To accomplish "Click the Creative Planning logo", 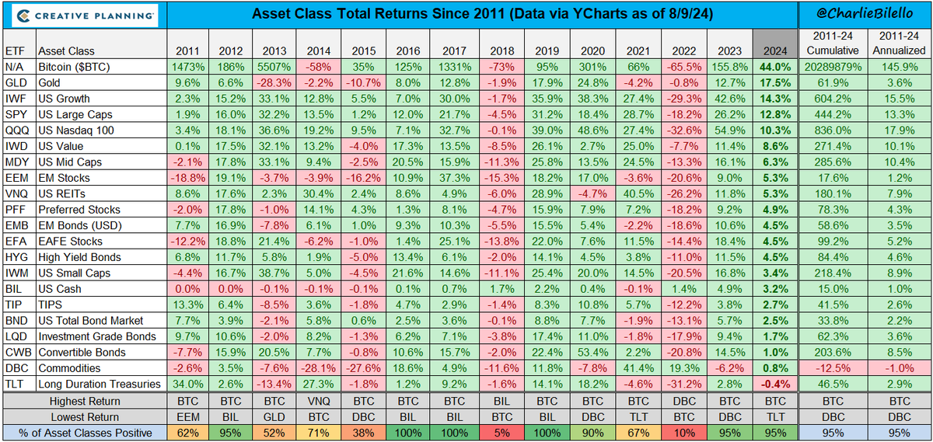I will tap(83, 15).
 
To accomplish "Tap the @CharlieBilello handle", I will tap(865, 14).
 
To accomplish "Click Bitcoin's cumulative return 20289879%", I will tap(832, 67).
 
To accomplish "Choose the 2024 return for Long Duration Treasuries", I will tap(775, 384).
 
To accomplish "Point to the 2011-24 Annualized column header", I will tap(900, 43).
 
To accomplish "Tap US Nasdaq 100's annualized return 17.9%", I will tap(900, 131).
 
